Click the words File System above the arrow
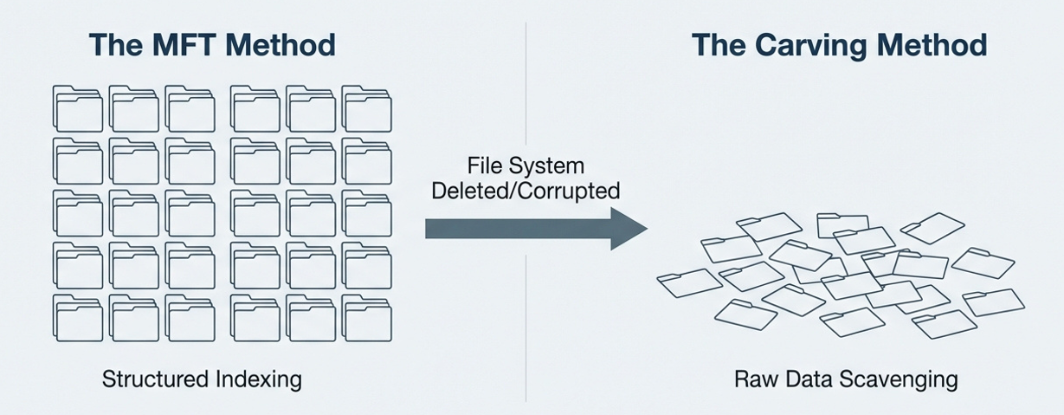pos(526,165)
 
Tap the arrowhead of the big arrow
pos(630,228)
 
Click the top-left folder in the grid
pos(79,108)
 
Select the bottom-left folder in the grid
pos(79,317)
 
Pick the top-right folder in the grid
pos(367,108)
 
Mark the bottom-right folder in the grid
pos(367,317)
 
